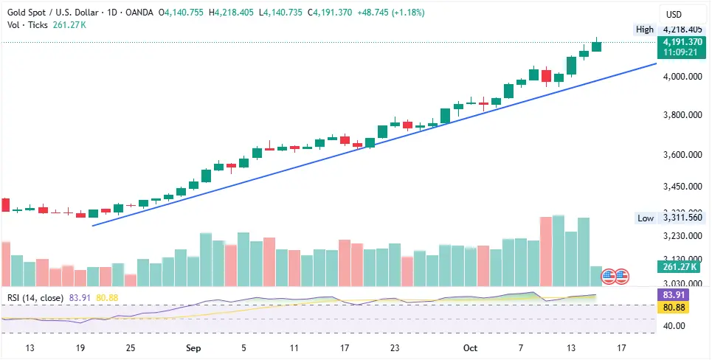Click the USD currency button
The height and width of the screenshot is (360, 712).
[x=674, y=14]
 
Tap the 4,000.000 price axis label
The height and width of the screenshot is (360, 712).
[x=681, y=77]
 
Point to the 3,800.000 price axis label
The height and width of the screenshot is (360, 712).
[x=681, y=116]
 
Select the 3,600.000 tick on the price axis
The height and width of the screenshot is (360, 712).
[x=681, y=156]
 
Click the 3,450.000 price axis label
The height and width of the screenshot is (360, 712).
[x=681, y=187]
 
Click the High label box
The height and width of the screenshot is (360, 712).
[x=644, y=30]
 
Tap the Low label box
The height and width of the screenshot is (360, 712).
[x=645, y=218]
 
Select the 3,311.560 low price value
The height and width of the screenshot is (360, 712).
[x=681, y=218]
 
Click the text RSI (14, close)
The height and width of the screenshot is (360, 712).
[x=35, y=298]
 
